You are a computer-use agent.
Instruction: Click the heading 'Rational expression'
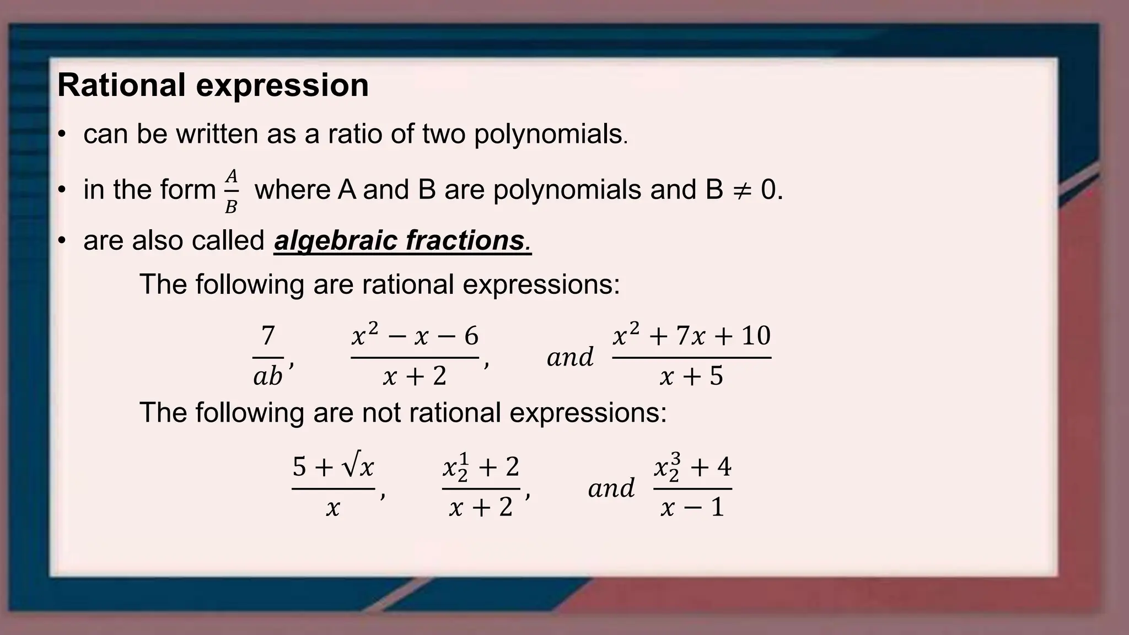point(213,85)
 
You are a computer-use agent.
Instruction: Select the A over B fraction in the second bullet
point(232,191)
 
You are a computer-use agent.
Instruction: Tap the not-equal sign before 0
point(741,190)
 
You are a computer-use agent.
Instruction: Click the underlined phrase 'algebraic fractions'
point(402,241)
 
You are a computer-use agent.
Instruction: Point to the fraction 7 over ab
point(268,356)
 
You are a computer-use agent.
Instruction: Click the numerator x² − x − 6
point(415,336)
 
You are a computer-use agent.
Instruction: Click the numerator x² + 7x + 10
point(691,336)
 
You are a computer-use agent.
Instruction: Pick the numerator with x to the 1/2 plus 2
point(481,467)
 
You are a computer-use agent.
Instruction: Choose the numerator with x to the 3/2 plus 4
point(692,467)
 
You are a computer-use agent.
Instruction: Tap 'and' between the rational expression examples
point(570,357)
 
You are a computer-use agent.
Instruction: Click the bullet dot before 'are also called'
point(62,241)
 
